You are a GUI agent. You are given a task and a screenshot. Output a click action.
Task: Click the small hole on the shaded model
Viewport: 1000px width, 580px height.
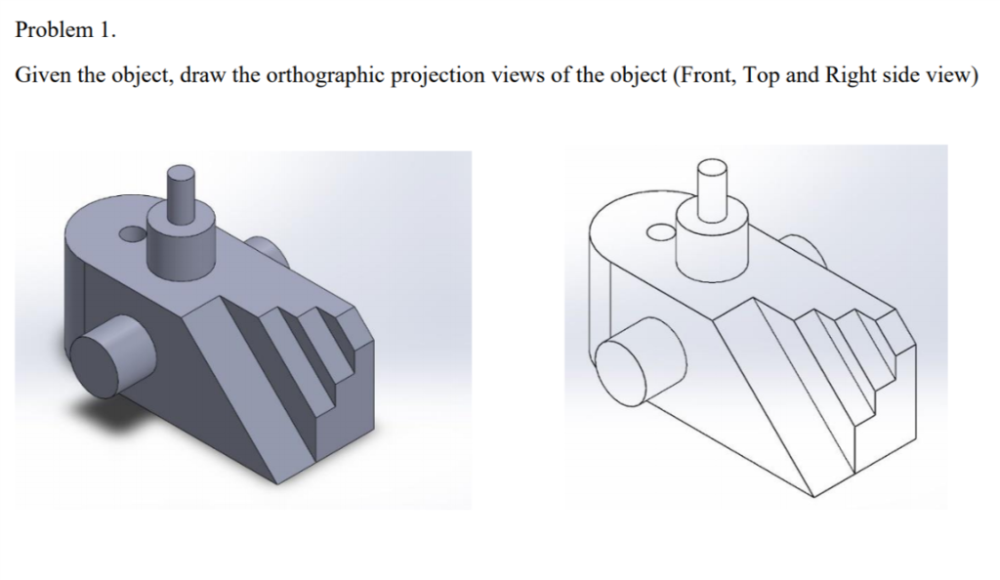129,234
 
